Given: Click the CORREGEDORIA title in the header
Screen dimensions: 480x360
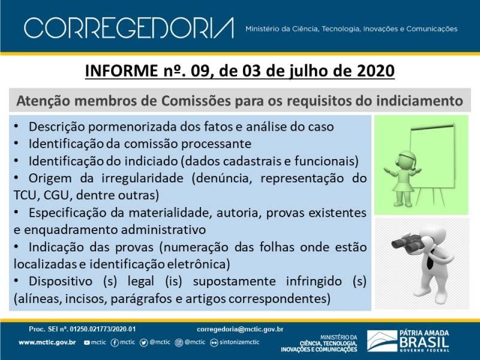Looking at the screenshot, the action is (x=129, y=28).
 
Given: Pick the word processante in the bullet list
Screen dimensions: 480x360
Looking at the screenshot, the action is (x=216, y=144).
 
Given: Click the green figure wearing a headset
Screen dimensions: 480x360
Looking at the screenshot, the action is (x=402, y=178).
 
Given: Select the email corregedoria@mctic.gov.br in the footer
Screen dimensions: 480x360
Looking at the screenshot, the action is (x=240, y=329).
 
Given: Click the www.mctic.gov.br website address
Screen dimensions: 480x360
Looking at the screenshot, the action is (x=47, y=343).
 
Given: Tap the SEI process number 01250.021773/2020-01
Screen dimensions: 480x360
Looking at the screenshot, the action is (x=103, y=329).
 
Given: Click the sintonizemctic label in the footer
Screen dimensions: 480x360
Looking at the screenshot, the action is (x=239, y=342).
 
